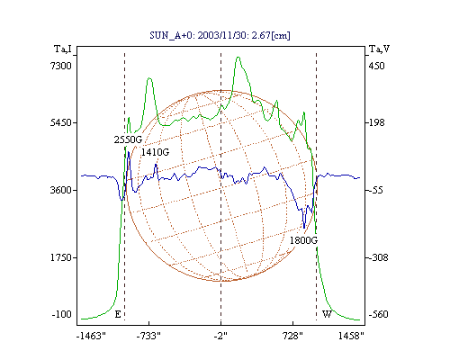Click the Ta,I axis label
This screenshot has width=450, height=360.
pyautogui.click(x=63, y=49)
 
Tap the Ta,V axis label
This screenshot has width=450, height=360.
pyautogui.click(x=379, y=49)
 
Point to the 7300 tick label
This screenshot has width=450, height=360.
pyautogui.click(x=61, y=66)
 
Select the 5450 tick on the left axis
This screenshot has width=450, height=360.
pyautogui.click(x=61, y=122)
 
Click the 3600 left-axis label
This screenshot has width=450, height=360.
pyautogui.click(x=61, y=190)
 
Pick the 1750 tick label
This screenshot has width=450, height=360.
pyautogui.click(x=61, y=257)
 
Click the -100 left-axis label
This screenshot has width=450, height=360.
pyautogui.click(x=61, y=314)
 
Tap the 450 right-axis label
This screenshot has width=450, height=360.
pyautogui.click(x=376, y=66)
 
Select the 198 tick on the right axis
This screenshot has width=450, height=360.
pyautogui.click(x=376, y=122)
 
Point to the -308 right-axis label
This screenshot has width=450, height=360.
pyautogui.click(x=378, y=257)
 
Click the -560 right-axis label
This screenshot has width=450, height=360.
pyautogui.click(x=378, y=314)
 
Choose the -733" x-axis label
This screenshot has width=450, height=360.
pyautogui.click(x=148, y=336)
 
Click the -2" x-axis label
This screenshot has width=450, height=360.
pyautogui.click(x=220, y=336)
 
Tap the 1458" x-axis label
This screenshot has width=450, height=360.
pyautogui.click(x=351, y=336)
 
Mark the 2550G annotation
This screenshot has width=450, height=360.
pyautogui.click(x=128, y=139)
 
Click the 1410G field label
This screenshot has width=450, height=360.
pyautogui.click(x=155, y=152)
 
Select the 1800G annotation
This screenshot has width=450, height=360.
pyautogui.click(x=303, y=240)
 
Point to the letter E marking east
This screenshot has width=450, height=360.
pyautogui.click(x=118, y=314)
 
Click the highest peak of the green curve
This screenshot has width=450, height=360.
pyautogui.click(x=238, y=57)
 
